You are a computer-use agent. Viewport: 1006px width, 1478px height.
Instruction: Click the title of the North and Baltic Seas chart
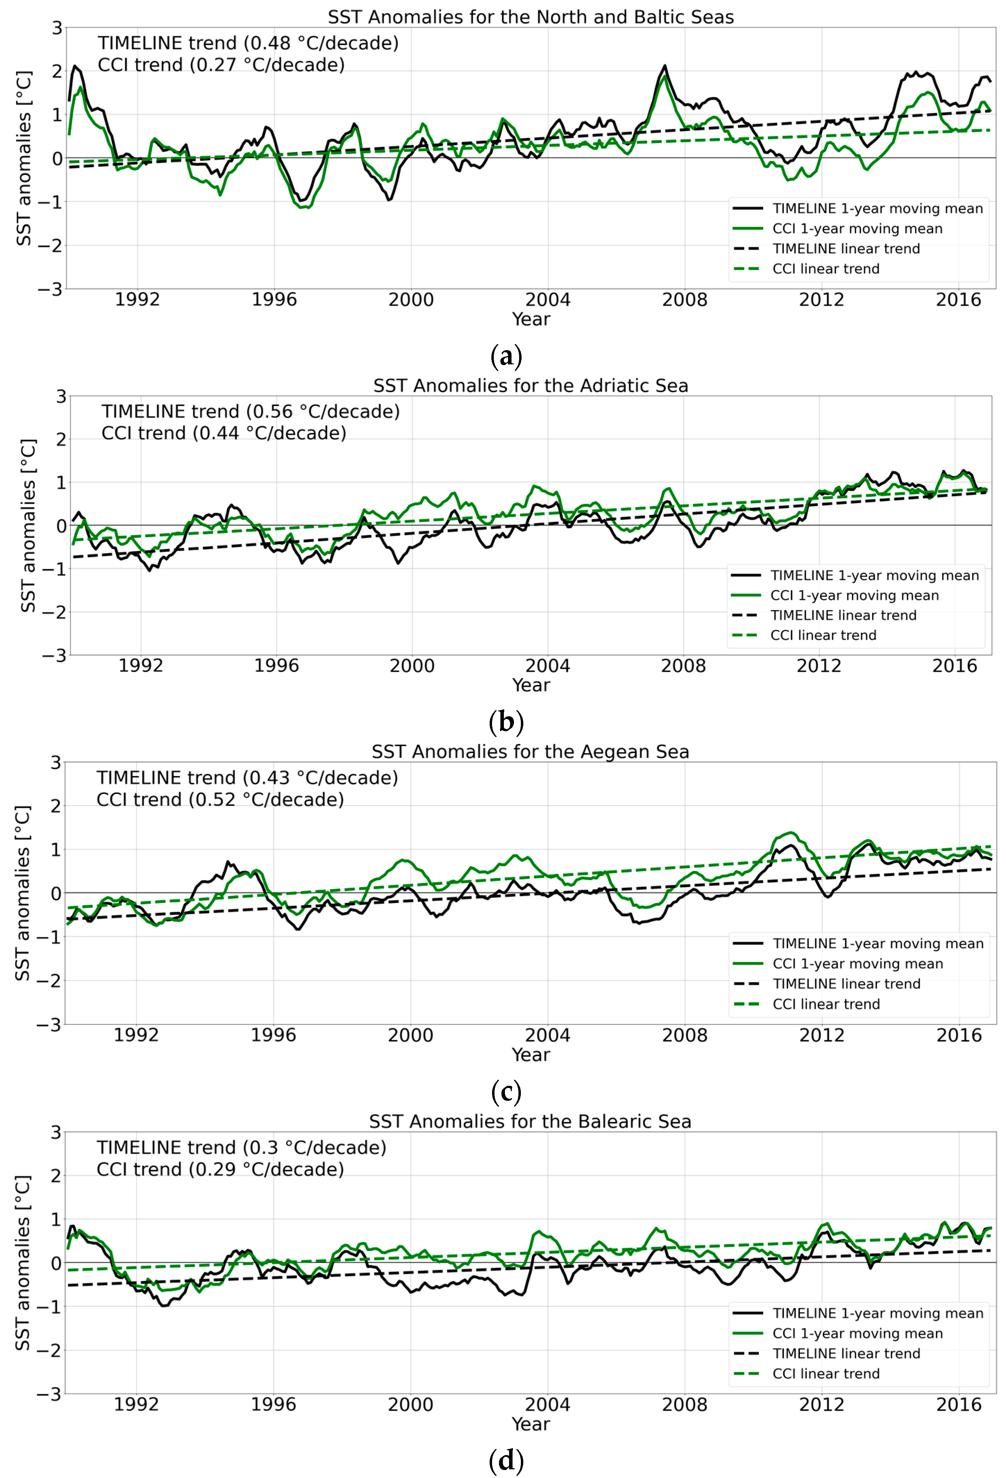[530, 17]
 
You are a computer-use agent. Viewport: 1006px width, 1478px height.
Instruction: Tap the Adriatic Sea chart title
[530, 386]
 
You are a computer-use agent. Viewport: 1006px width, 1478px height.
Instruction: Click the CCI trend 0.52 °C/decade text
[220, 800]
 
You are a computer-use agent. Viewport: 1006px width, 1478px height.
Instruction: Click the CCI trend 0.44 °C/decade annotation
[224, 433]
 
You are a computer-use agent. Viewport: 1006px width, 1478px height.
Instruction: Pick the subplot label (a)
[506, 355]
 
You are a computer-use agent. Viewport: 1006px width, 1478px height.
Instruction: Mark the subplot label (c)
[506, 1091]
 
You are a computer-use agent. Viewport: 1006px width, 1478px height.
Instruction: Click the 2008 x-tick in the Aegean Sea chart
[684, 1035]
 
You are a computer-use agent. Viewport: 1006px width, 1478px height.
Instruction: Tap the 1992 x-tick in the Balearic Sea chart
[136, 1404]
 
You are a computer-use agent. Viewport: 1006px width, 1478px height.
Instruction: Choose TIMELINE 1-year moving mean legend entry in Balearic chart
[878, 1313]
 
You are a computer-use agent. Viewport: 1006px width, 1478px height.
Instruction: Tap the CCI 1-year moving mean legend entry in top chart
[857, 228]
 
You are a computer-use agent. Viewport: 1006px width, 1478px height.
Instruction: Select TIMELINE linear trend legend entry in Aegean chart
[846, 984]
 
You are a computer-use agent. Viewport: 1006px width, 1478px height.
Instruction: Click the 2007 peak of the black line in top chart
[665, 66]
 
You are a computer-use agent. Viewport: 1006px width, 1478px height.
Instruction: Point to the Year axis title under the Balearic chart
[530, 1424]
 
